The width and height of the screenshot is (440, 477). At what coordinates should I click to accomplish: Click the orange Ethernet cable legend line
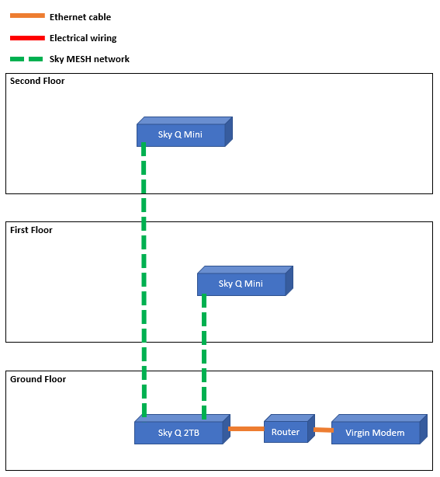[x=27, y=16]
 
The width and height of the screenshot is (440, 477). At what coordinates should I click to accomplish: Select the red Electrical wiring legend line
[x=27, y=37]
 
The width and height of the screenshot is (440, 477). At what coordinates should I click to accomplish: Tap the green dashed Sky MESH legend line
[x=27, y=58]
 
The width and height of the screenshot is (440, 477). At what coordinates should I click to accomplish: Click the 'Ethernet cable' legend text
[x=80, y=17]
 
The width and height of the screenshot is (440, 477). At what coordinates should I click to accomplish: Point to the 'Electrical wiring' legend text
[x=83, y=38]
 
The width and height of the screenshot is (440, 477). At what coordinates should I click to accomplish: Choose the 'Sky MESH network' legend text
[x=89, y=59]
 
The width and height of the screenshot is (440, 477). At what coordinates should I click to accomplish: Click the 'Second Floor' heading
[x=37, y=81]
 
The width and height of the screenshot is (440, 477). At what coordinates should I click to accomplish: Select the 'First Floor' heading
[x=31, y=230]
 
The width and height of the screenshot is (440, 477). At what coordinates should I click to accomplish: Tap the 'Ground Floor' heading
[x=38, y=379]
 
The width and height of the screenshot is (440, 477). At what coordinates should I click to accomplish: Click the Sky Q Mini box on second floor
[x=181, y=134]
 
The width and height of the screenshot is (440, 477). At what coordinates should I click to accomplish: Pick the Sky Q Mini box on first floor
[x=241, y=284]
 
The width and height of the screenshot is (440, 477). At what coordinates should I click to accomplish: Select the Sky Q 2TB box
[x=178, y=433]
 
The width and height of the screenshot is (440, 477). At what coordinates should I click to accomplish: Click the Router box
[x=286, y=432]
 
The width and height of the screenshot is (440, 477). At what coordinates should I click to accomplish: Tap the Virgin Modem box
[x=375, y=433]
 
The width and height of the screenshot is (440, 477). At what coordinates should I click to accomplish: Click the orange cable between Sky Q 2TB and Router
[x=245, y=429]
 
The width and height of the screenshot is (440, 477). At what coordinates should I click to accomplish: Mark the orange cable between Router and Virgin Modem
[x=323, y=430]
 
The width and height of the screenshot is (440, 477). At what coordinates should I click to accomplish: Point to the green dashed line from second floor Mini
[x=144, y=280]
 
